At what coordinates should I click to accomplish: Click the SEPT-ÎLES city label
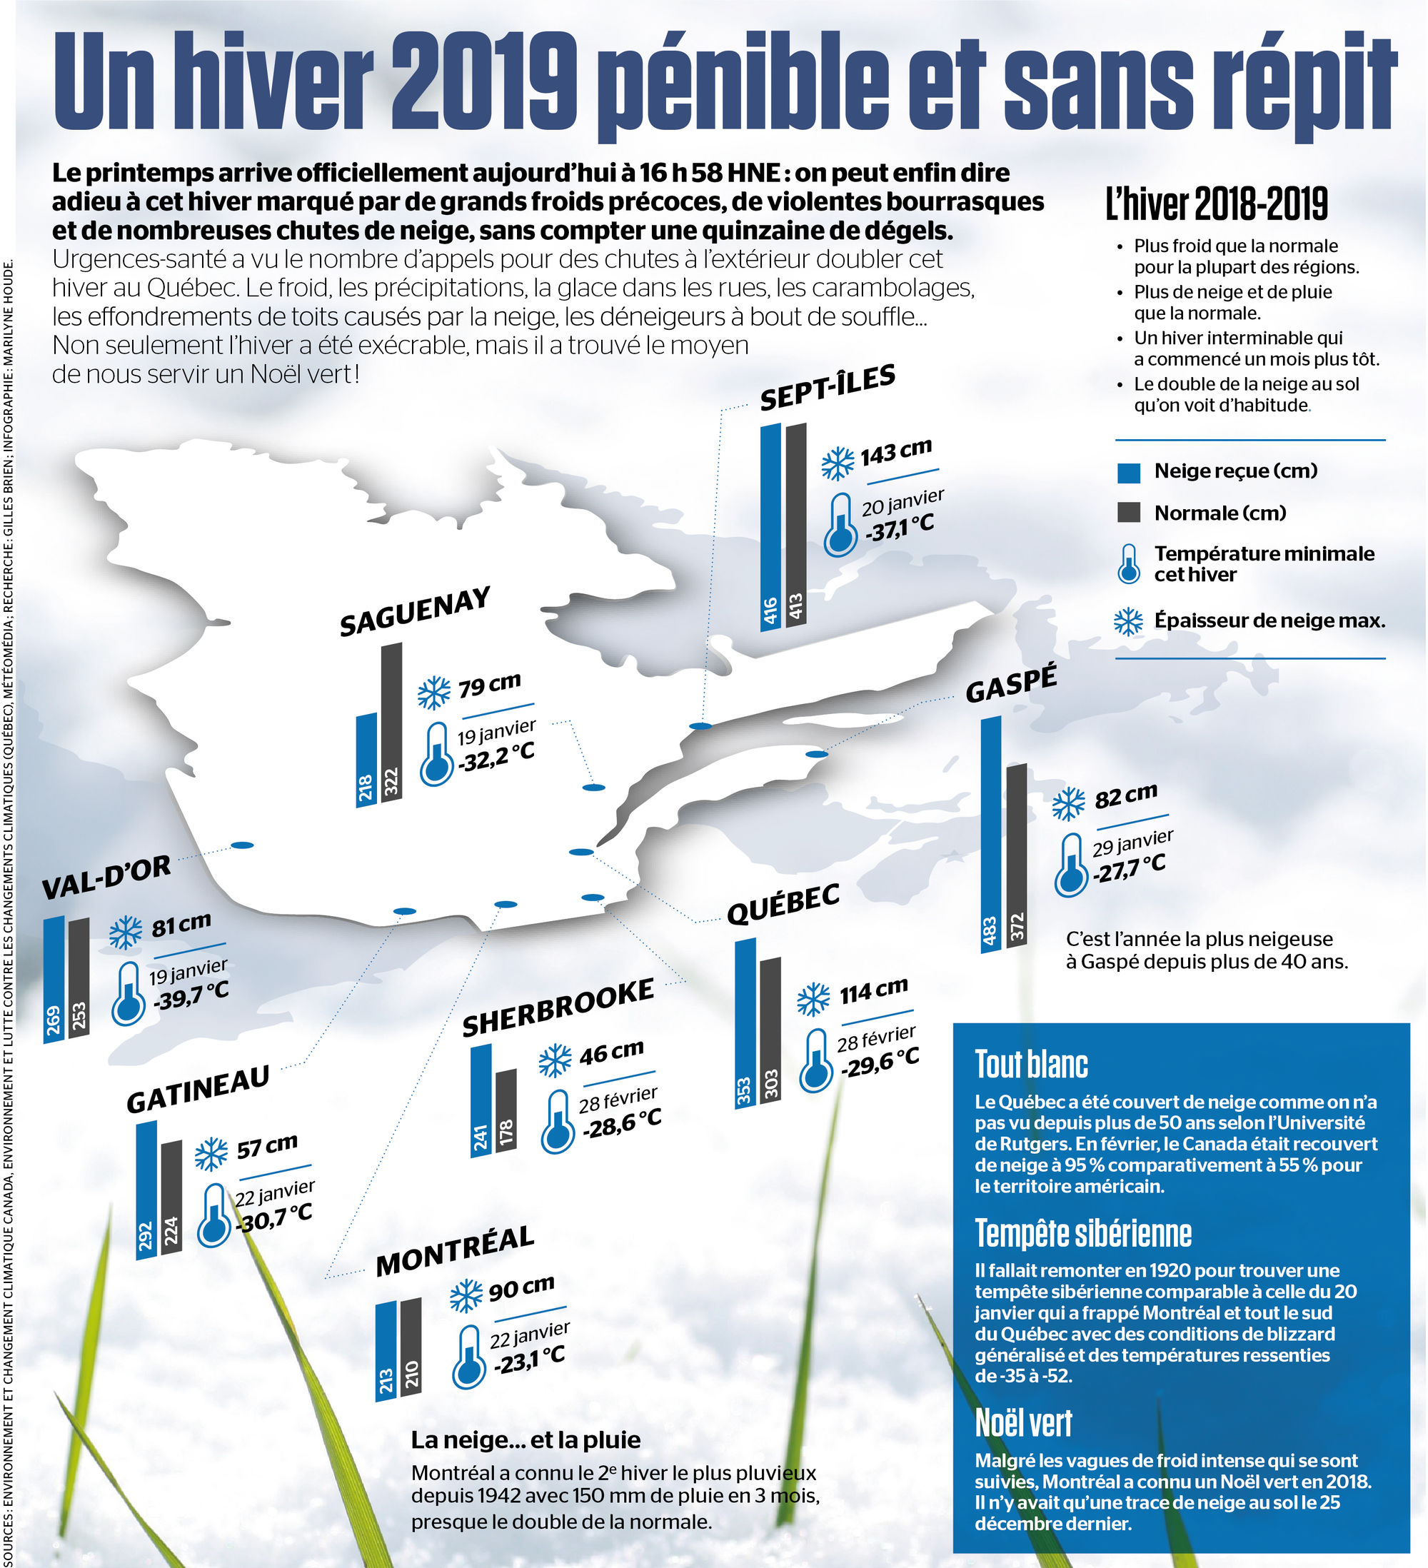(x=827, y=386)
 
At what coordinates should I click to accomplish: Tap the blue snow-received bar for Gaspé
(x=990, y=834)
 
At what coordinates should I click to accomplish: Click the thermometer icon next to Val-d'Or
(x=129, y=993)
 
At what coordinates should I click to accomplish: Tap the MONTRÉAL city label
(x=455, y=1251)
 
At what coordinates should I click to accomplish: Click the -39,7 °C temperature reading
(x=191, y=995)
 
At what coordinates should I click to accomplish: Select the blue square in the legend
(x=1128, y=472)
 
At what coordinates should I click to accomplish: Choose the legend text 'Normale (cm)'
(x=1220, y=513)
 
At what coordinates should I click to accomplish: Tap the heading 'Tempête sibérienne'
(x=1082, y=1233)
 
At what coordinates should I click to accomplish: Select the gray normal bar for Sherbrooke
(x=506, y=1112)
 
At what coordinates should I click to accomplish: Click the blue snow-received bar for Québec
(x=745, y=1022)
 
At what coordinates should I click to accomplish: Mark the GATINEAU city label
(x=198, y=1090)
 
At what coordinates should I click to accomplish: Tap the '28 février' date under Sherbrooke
(x=618, y=1099)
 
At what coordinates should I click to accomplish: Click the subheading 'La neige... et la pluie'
(x=526, y=1439)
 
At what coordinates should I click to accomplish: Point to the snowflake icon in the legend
(x=1128, y=621)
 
